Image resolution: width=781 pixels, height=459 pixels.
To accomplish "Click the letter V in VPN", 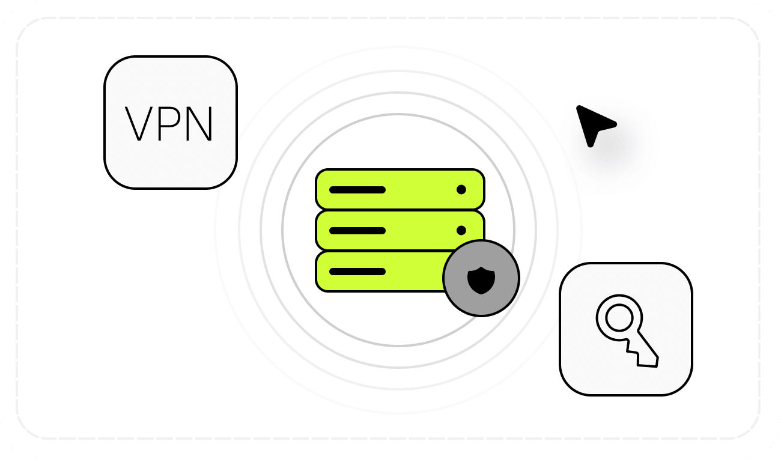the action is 139,124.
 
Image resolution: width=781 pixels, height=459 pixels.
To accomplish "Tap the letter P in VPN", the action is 170,124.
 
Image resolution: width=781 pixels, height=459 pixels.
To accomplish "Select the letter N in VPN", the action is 199,124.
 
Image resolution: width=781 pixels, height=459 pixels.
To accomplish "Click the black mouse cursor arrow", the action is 595,126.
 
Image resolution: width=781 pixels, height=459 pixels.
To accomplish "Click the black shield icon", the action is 481,280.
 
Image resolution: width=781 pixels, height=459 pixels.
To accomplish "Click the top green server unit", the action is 400,189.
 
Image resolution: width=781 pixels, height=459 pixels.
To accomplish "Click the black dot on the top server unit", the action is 461,189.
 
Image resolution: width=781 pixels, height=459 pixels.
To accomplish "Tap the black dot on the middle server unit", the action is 461,230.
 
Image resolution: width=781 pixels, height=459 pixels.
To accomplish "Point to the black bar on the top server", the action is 357,190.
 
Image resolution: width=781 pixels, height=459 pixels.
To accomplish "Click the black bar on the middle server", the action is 357,231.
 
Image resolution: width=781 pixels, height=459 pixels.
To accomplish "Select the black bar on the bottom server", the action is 357,272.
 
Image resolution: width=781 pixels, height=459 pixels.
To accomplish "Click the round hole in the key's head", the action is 619,317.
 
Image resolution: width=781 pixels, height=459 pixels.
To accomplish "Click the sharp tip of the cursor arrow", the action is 577,106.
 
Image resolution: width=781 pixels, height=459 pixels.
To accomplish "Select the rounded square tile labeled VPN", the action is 171,123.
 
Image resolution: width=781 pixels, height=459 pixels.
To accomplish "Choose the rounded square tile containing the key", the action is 626,329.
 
